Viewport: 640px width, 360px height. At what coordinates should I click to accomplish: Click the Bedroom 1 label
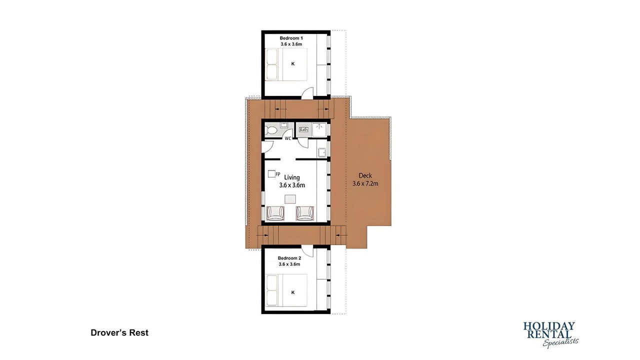291,38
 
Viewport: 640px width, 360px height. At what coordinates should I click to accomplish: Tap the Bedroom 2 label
289,258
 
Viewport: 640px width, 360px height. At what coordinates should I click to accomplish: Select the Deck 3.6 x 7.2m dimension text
365,183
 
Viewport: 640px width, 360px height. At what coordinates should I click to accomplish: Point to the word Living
292,177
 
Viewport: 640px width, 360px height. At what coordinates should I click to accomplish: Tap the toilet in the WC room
271,130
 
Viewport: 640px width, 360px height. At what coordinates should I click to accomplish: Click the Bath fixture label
303,129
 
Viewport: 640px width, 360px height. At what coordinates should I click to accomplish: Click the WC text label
287,138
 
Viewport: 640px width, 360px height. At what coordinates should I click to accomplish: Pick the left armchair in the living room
275,213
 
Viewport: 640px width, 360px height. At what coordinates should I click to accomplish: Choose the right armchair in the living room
305,213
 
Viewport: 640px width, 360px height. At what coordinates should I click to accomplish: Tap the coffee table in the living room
290,199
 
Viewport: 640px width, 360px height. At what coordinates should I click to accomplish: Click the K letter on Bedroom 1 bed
293,64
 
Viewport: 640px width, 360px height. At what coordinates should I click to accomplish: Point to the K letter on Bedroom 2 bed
293,292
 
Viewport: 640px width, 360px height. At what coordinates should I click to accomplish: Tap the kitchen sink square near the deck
322,152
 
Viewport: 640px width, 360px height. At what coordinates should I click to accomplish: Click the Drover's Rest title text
119,333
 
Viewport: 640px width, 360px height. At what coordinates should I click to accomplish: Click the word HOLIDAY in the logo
549,326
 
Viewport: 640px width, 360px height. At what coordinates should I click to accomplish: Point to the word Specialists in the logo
560,342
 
